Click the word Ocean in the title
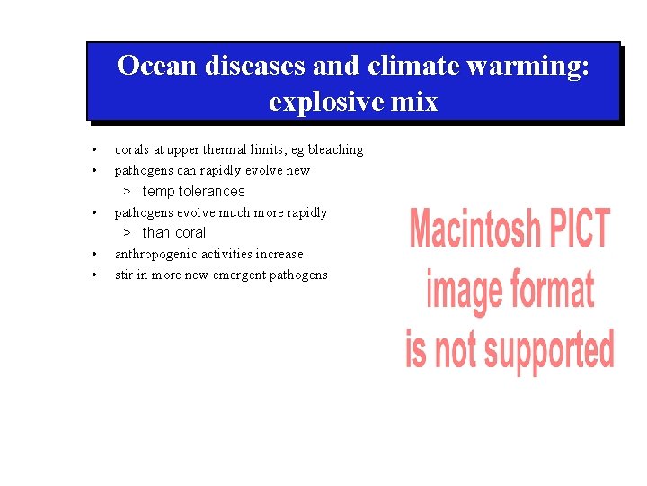pyautogui.click(x=158, y=66)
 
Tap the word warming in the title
pyautogui.click(x=531, y=66)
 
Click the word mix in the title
pyautogui.click(x=413, y=102)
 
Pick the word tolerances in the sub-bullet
pyautogui.click(x=212, y=191)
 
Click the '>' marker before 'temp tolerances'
pyautogui.click(x=128, y=191)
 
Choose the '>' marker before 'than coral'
pyautogui.click(x=128, y=232)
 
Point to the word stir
pyautogui.click(x=124, y=274)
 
